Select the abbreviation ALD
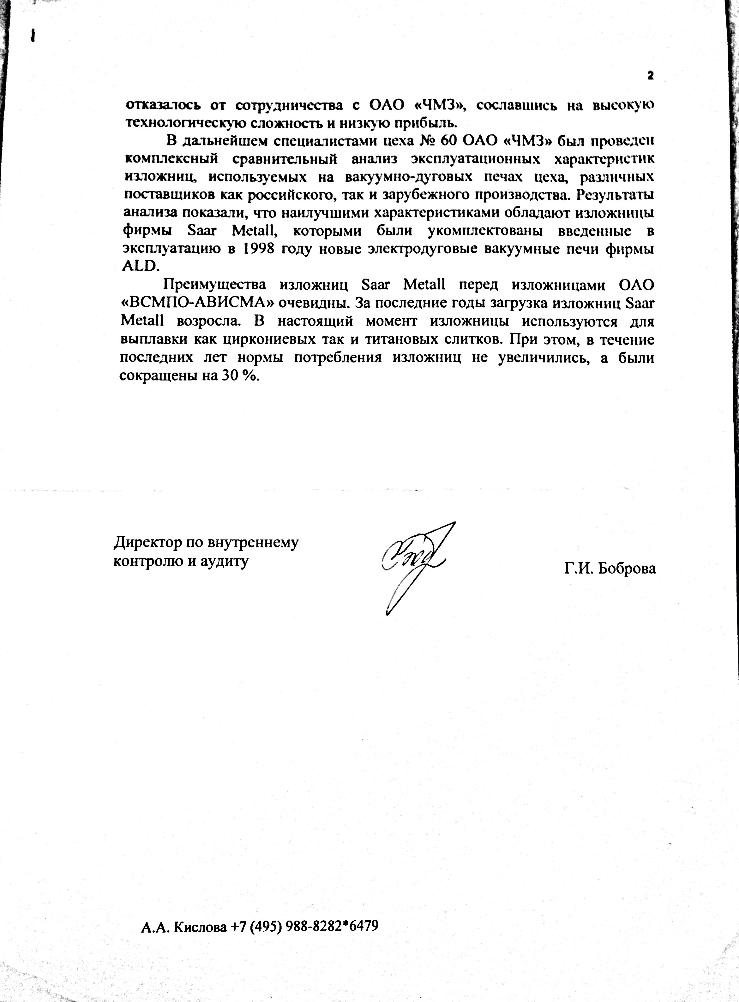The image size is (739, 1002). (141, 266)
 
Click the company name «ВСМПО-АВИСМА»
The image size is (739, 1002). (198, 303)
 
